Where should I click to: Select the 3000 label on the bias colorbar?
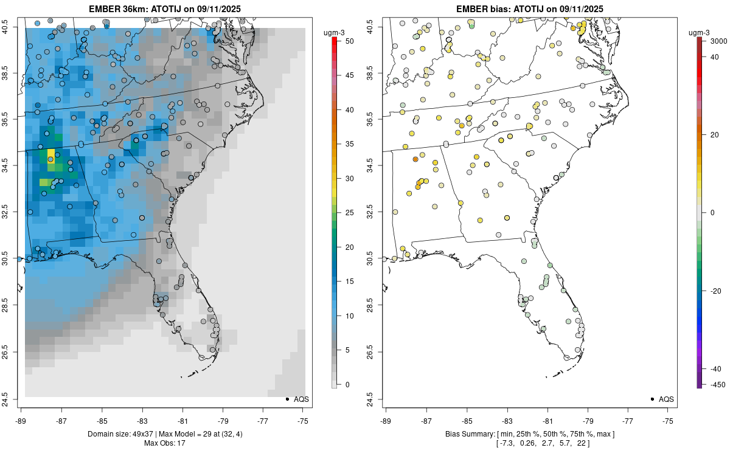(718, 41)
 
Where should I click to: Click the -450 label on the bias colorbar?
(715, 384)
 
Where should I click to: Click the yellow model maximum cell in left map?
(50, 153)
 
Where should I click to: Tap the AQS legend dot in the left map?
(287, 399)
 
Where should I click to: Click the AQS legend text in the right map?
(666, 399)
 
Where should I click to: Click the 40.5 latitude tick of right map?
(370, 26)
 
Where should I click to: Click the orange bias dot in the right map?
(415, 159)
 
